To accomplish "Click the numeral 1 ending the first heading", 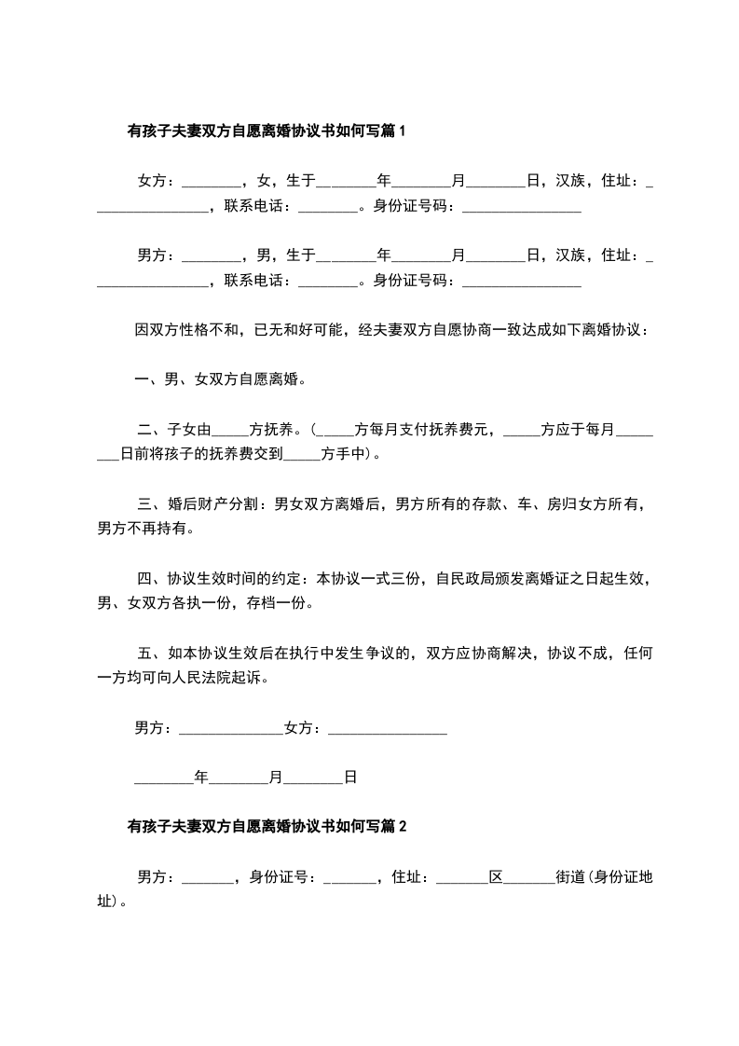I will pyautogui.click(x=403, y=131).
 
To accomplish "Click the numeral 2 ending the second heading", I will pyautogui.click(x=403, y=825).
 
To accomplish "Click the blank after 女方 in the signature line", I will pyautogui.click(x=388, y=730).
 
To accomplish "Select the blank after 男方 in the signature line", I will pyautogui.click(x=229, y=730).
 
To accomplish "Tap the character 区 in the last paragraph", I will pyautogui.click(x=497, y=877).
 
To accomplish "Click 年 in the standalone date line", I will pyautogui.click(x=199, y=776).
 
